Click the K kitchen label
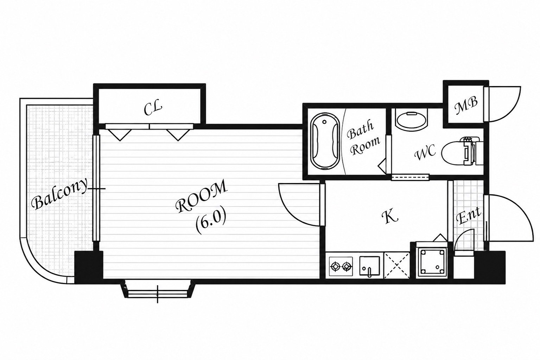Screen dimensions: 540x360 point(389,216)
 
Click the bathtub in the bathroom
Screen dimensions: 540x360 point(325,140)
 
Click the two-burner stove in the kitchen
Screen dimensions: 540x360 point(341,266)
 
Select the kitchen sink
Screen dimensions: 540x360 point(370,266)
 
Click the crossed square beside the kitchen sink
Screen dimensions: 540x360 point(397,265)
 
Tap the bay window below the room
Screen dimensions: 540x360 point(158,291)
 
